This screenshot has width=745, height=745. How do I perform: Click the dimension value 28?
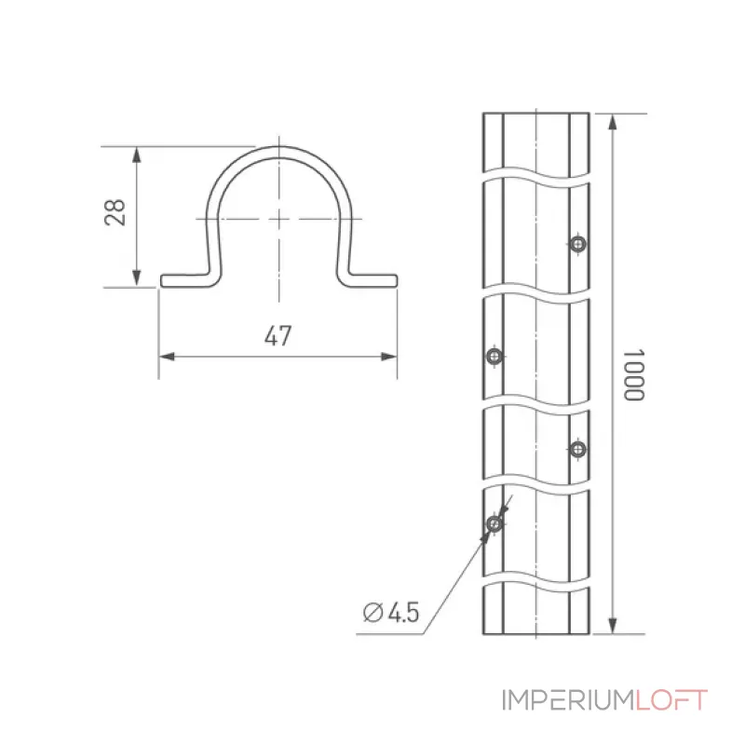tap(115, 212)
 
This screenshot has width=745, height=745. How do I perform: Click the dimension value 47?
tap(278, 336)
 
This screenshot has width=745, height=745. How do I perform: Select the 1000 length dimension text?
tap(633, 375)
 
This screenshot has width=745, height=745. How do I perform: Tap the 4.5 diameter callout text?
tap(404, 612)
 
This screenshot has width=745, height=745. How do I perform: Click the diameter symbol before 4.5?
tap(373, 612)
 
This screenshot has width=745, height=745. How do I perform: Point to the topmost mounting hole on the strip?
tap(577, 244)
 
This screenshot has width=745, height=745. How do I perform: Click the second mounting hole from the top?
tap(494, 356)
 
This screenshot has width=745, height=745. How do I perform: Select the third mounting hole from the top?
tap(577, 449)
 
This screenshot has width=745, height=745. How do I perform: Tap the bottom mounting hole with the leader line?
tap(494, 523)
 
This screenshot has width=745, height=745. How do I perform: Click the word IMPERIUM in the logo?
tap(568, 700)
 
